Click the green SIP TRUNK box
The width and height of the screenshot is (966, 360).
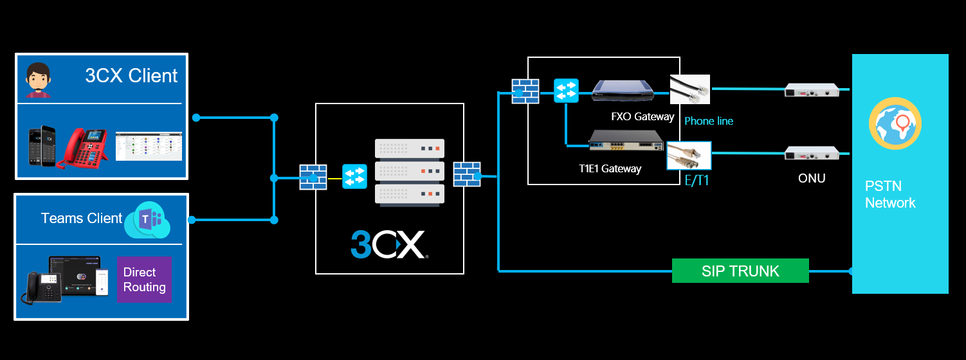point(740,271)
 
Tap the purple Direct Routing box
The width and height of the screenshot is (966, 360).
point(144,280)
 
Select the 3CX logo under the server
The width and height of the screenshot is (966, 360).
point(388,245)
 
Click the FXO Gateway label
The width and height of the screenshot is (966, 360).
point(642,116)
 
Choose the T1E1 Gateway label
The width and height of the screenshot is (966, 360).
point(610,169)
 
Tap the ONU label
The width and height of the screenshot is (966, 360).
point(812,178)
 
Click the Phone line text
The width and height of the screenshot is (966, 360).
point(709,121)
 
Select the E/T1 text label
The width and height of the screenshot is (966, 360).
point(697,181)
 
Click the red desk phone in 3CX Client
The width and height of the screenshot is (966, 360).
point(82,148)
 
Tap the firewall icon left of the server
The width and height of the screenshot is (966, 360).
point(313,177)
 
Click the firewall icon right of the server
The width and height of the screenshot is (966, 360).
point(467,174)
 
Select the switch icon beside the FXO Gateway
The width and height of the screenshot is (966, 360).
point(567,90)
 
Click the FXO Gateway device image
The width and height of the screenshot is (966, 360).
point(623,91)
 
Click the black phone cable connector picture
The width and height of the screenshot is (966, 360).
point(690,89)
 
